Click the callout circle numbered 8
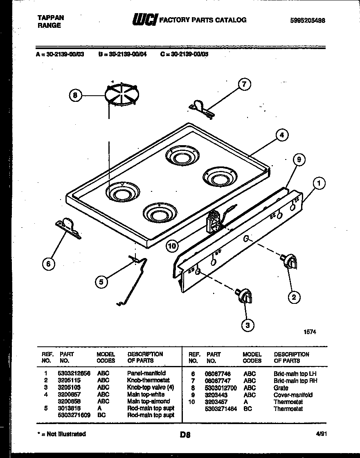[74, 96]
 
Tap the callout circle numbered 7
[244, 85]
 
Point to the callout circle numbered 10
[173, 246]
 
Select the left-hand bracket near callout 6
[68, 229]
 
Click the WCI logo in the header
[144, 20]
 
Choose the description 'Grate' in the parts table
[281, 388]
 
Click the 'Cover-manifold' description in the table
[293, 395]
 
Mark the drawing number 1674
[309, 332]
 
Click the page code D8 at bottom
[185, 435]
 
